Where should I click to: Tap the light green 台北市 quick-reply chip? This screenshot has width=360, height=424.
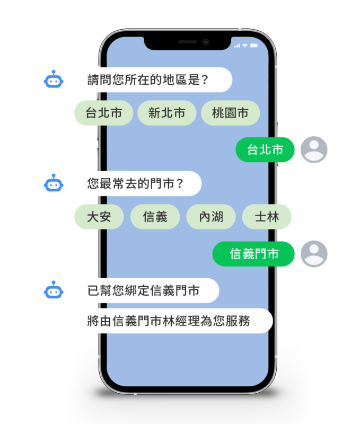coord(103,113)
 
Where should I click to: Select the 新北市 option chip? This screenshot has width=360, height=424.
coord(167,113)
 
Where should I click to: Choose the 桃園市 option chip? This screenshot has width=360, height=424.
coord(231,113)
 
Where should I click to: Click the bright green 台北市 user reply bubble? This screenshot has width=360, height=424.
coord(265,150)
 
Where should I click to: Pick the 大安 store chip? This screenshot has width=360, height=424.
coord(99,217)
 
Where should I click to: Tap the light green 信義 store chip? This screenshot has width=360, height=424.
coord(155,217)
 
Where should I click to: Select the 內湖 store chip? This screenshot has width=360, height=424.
coord(211,217)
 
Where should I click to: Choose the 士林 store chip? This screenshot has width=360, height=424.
coord(267,217)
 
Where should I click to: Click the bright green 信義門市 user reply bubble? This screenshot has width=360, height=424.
coord(254,254)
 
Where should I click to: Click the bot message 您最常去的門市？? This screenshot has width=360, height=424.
coord(137,183)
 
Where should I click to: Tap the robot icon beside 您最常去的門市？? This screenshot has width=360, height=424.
coord(54,183)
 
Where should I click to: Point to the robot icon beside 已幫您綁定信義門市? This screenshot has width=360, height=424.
coord(54,290)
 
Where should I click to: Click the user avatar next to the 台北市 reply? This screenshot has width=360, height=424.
coord(314,149)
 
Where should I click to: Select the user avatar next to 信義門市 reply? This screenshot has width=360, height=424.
coord(314,254)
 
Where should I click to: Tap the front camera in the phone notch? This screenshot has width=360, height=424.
coord(206,42)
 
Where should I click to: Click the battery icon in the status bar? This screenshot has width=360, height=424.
coord(254,46)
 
